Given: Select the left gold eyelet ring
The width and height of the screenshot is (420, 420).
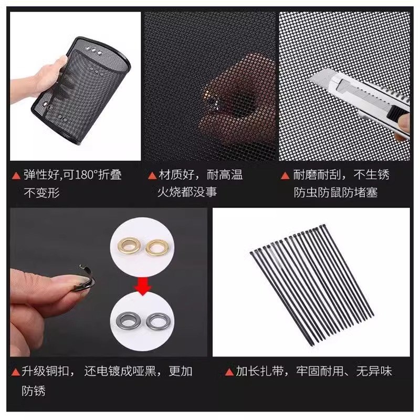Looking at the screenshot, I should (x=128, y=245).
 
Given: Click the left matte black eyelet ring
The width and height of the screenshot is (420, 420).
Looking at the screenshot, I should (x=128, y=319).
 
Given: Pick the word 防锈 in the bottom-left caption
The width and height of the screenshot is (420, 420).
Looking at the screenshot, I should (x=34, y=391).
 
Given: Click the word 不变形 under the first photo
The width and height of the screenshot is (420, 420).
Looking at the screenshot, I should (x=43, y=192).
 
